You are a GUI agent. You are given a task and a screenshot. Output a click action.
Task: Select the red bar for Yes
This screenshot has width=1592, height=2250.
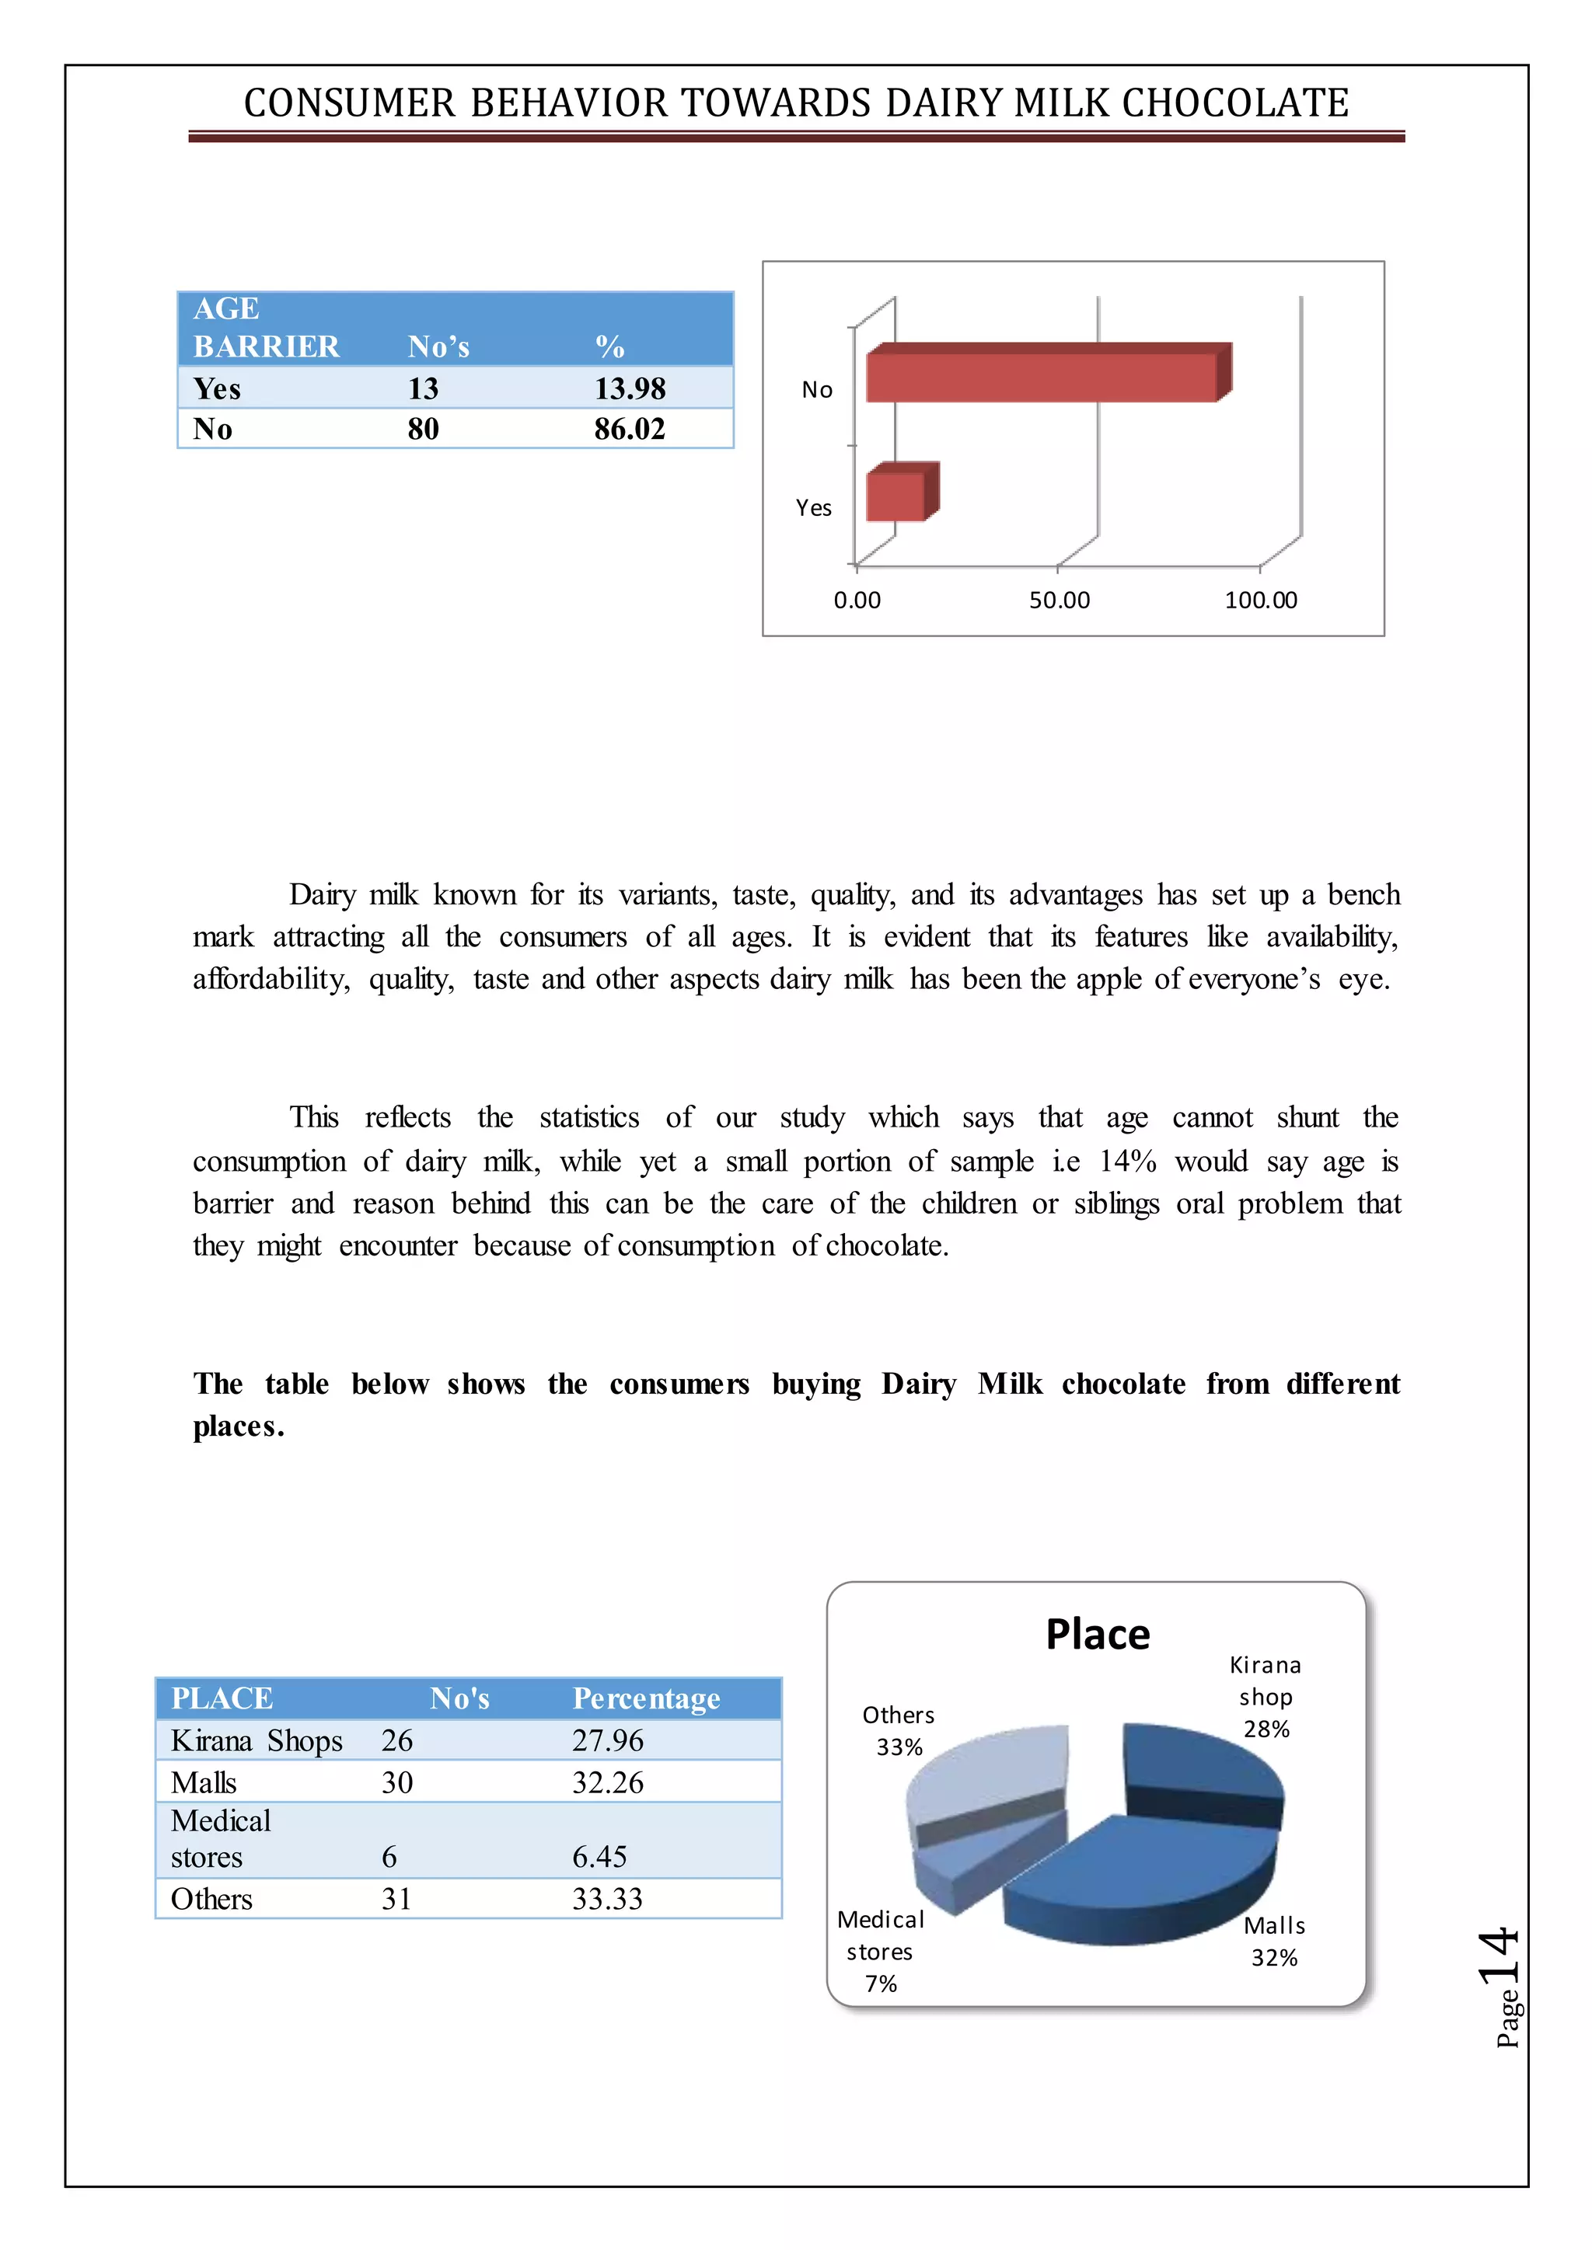(896, 496)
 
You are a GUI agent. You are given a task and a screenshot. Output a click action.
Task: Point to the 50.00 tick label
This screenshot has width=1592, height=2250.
(1059, 600)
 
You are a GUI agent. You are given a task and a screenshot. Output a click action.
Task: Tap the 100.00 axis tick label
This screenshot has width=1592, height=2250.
(1261, 600)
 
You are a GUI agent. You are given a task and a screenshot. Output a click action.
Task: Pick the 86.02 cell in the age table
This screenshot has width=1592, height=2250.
(630, 429)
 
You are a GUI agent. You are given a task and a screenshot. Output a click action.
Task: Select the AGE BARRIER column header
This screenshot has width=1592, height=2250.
(266, 327)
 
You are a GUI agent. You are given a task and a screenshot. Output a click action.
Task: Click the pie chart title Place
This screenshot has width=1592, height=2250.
(1097, 1635)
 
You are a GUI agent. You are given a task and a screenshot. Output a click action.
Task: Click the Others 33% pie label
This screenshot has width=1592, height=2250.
(898, 1730)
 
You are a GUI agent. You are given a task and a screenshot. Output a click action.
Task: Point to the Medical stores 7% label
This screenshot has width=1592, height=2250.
(880, 1951)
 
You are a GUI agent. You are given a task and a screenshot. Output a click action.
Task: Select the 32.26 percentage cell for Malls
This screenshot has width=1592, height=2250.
(608, 1782)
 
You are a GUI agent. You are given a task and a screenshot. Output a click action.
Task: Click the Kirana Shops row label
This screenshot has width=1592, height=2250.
(257, 1740)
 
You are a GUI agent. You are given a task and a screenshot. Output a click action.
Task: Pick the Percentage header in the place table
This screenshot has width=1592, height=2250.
(646, 1698)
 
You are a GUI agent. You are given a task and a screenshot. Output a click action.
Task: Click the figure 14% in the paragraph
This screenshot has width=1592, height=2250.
(1127, 1162)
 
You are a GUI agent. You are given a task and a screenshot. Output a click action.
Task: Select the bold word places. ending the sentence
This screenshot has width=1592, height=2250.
(238, 1426)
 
